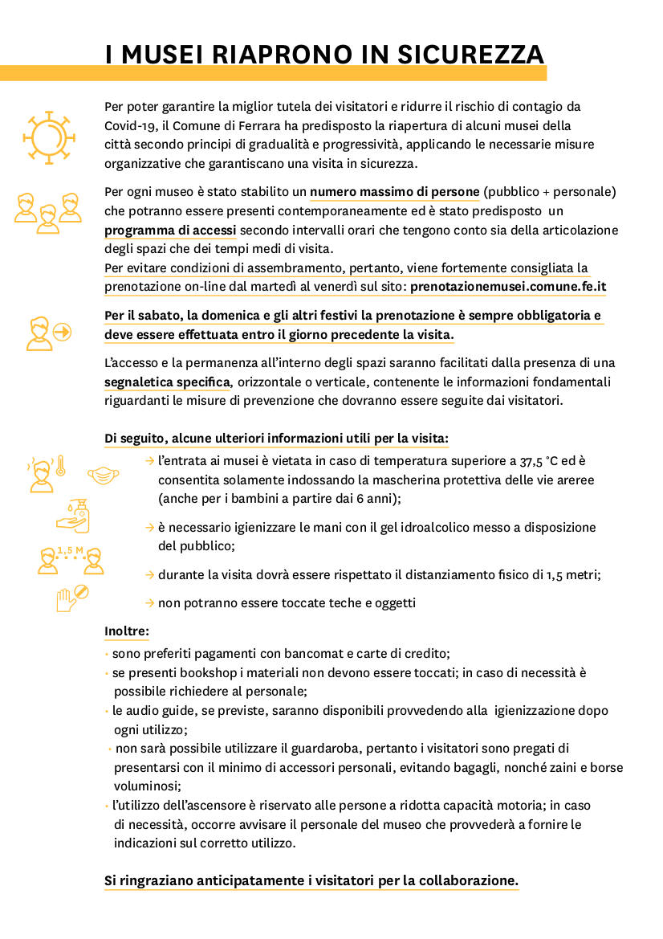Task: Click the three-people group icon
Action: (x=47, y=211)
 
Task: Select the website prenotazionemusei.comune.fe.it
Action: (x=508, y=287)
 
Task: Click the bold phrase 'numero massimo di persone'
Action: (x=395, y=192)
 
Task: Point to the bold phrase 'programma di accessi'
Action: (x=170, y=230)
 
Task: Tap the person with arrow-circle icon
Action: (x=47, y=333)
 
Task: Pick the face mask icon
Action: (x=102, y=476)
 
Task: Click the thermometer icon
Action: (x=60, y=466)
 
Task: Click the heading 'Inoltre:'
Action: (x=127, y=631)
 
